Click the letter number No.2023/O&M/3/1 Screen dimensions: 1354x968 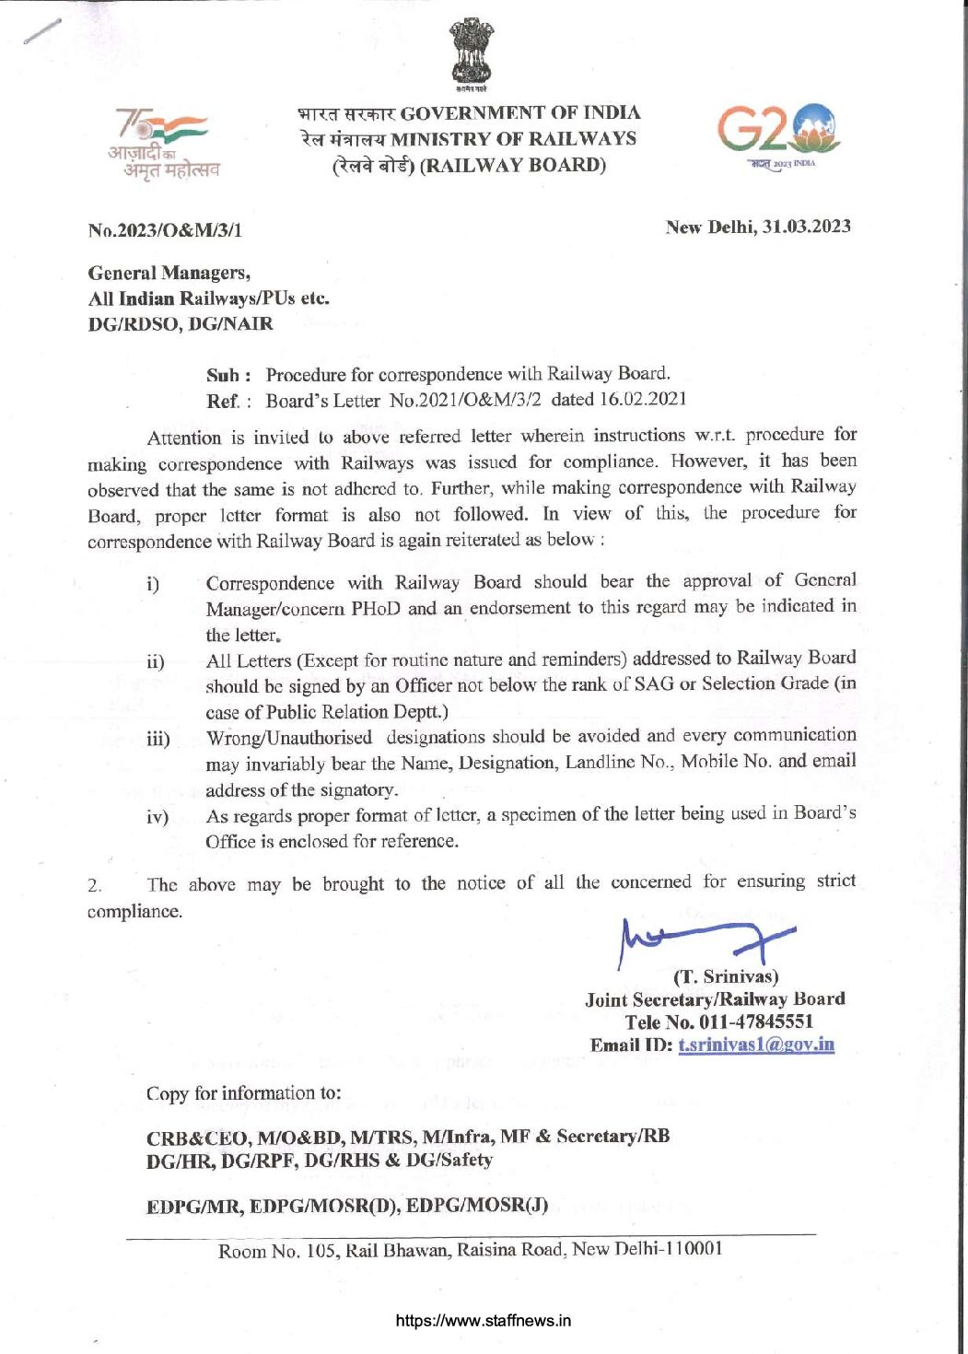coord(165,230)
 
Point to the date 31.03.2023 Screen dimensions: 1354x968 coord(806,227)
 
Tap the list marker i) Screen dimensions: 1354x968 coord(152,584)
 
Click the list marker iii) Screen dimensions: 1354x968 coord(157,739)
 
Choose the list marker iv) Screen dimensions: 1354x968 coord(157,817)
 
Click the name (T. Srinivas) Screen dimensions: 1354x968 coord(726,976)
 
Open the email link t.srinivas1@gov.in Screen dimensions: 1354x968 coord(756,1045)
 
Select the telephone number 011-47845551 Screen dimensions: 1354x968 coord(756,1021)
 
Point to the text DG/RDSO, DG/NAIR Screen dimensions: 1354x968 coord(181,323)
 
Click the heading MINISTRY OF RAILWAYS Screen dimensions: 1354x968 coord(513,139)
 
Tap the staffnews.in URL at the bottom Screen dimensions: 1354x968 coord(483,1320)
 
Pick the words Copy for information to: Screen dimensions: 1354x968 coord(243,1093)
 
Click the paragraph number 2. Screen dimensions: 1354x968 coord(95,886)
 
